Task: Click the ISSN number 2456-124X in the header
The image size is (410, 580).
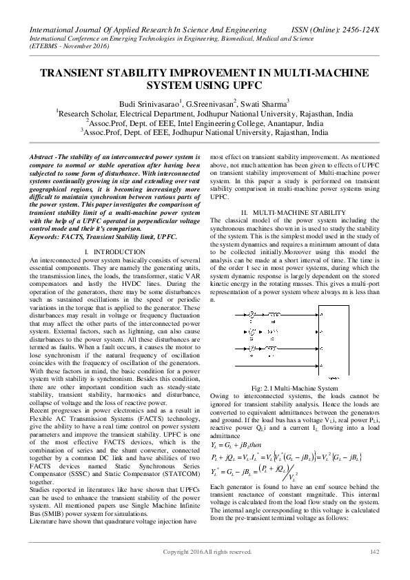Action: click(x=360, y=30)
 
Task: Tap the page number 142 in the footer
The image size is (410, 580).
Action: click(x=375, y=571)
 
